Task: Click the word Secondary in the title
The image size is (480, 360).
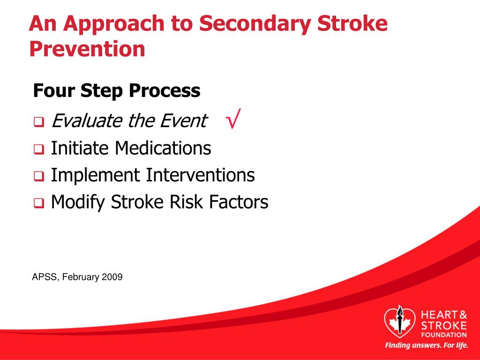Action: (x=255, y=23)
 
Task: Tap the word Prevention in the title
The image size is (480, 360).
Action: (x=87, y=49)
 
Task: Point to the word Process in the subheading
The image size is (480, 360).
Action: (x=165, y=90)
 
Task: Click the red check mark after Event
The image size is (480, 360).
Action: (x=233, y=119)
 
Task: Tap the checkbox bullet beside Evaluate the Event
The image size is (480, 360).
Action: (x=39, y=122)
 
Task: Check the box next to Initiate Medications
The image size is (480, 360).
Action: (x=39, y=150)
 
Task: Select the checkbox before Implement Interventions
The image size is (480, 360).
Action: (x=39, y=176)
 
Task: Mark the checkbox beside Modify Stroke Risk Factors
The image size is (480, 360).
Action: (x=39, y=203)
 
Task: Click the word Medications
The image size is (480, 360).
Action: (x=163, y=148)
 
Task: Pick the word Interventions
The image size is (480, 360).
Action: (x=200, y=175)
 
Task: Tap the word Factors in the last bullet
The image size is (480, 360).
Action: (x=239, y=202)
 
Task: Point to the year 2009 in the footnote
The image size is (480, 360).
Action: (x=112, y=277)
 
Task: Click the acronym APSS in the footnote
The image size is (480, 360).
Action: (x=45, y=277)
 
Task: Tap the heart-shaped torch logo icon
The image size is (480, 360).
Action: (x=400, y=321)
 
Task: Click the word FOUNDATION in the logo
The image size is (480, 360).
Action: (x=444, y=335)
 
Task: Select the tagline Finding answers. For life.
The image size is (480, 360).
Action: (x=427, y=345)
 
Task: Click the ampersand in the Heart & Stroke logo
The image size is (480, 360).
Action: (x=463, y=315)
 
